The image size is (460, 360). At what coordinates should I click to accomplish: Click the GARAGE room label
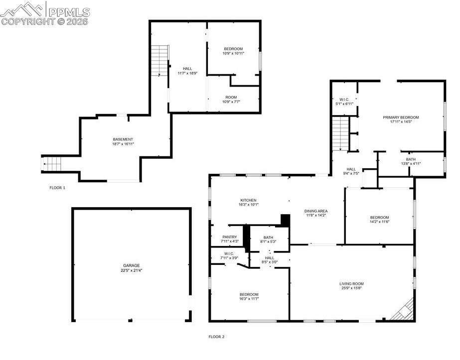(x=132, y=265)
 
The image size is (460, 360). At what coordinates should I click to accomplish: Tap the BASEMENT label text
(x=123, y=139)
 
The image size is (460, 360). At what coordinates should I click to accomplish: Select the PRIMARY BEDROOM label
(x=401, y=118)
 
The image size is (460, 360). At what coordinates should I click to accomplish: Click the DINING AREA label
(x=316, y=211)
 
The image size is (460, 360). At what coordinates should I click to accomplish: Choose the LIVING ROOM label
(x=351, y=284)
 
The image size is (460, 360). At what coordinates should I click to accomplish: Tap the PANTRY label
(x=230, y=237)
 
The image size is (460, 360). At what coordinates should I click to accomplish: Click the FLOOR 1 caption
(x=57, y=188)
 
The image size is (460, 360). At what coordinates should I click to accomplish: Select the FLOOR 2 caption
(x=216, y=337)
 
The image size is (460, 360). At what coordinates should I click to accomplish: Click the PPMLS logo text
(x=68, y=11)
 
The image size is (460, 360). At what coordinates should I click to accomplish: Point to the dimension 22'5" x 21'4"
(x=132, y=271)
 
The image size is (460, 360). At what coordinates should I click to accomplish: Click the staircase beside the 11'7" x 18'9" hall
(x=160, y=60)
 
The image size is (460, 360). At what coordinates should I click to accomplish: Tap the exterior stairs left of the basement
(x=51, y=164)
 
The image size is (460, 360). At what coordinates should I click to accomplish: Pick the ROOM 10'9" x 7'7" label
(x=231, y=100)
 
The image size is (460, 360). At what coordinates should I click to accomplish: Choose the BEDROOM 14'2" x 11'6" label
(x=379, y=220)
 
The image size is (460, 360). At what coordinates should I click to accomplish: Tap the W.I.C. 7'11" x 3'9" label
(x=229, y=255)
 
